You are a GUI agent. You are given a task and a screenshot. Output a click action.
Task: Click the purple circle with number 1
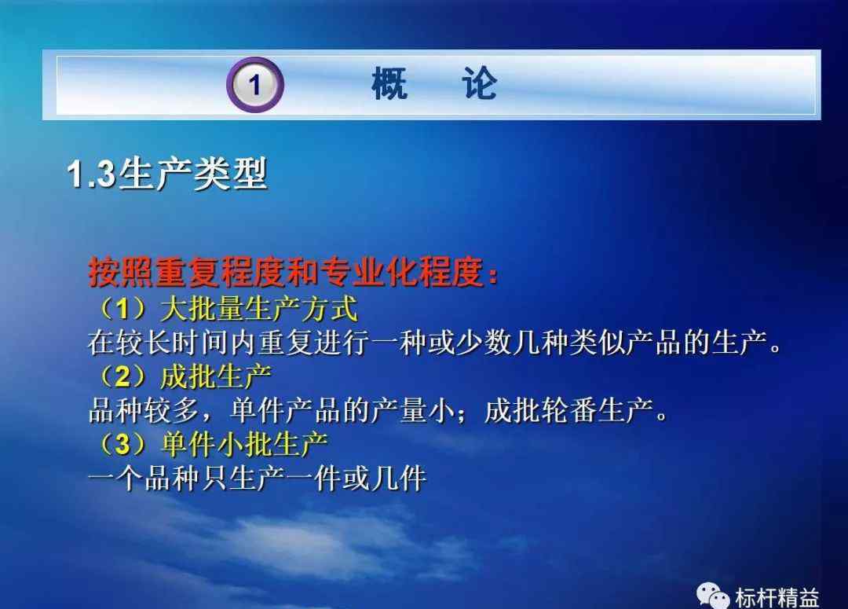coord(255,85)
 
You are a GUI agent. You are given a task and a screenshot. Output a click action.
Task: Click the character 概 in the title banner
coord(389,84)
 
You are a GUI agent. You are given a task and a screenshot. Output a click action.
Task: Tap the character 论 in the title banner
coord(479,84)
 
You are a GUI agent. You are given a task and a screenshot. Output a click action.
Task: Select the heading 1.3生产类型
coord(167,174)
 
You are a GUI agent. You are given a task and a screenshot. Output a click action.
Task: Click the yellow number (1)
coord(122,309)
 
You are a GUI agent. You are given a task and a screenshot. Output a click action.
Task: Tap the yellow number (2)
coord(122,376)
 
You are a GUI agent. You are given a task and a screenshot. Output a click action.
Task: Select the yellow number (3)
coord(122,444)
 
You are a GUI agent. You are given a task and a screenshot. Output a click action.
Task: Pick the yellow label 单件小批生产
coord(244,444)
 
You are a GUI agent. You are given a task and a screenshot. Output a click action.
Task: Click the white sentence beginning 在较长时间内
coord(435,343)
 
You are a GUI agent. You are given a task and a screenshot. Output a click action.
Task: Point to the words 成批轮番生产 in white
coord(569,410)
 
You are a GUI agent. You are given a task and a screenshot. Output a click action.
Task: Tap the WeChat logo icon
coord(713,596)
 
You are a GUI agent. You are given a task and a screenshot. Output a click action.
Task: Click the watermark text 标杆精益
coord(777,598)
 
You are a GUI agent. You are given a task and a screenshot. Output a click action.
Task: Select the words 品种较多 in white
coord(144,410)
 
